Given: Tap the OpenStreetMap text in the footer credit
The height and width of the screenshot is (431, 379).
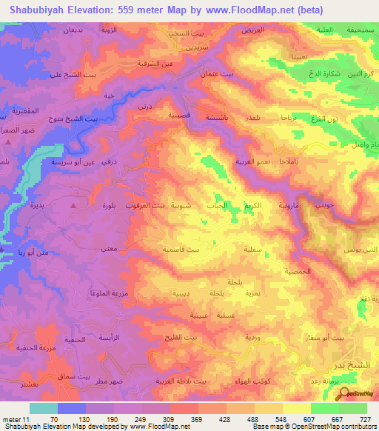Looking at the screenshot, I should click(x=325, y=427).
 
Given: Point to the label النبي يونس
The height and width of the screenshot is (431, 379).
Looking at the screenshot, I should click(x=358, y=251).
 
